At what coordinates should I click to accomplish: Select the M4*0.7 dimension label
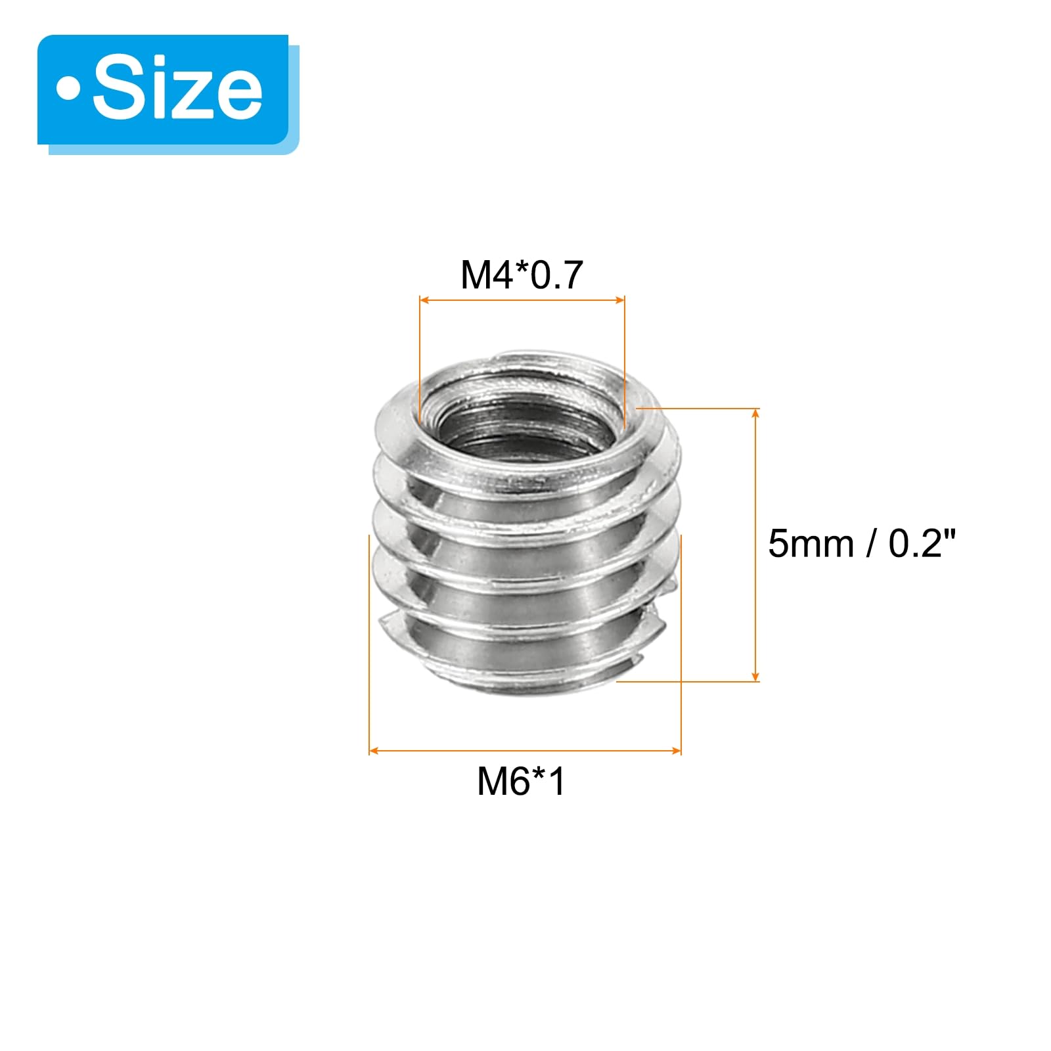(522, 275)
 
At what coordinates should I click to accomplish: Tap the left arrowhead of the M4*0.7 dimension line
(424, 300)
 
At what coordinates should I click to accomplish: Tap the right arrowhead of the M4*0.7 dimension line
(620, 300)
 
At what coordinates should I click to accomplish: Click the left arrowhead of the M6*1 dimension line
(374, 750)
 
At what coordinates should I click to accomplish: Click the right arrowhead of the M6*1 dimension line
(677, 750)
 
